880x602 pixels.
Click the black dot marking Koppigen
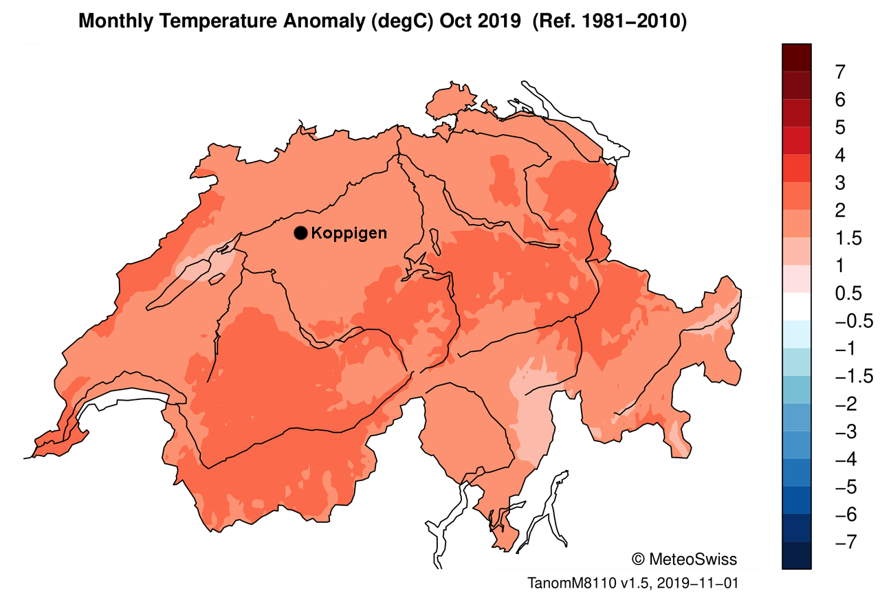point(300,233)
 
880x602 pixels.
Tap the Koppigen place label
point(349,233)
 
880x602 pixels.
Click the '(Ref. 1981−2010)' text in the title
point(610,21)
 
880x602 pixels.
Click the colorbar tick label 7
point(839,72)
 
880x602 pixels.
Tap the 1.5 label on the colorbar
point(846,238)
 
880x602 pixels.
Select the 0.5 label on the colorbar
point(846,294)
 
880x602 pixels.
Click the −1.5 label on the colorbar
point(852,377)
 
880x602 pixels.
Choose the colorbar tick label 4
point(839,155)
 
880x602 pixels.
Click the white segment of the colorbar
point(796,306)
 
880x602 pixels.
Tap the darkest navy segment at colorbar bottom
point(796,555)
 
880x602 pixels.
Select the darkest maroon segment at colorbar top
point(796,57)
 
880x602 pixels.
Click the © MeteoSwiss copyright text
point(683,559)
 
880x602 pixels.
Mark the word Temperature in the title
point(207,21)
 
